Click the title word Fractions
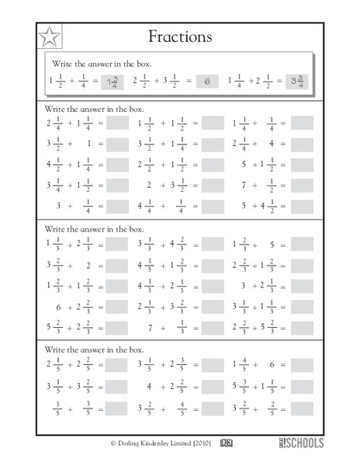pyautogui.click(x=184, y=36)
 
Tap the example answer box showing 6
pyautogui.click(x=207, y=81)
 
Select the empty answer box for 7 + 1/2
pyautogui.click(x=302, y=186)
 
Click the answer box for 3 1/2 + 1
pyautogui.click(x=117, y=144)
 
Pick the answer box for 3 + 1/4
pyautogui.click(x=117, y=207)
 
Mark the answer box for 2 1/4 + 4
pyautogui.click(x=302, y=144)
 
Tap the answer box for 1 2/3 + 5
pyautogui.click(x=302, y=245)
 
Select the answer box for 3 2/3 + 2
pyautogui.click(x=117, y=266)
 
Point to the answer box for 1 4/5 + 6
pyautogui.click(x=302, y=365)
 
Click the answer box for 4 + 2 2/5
pyautogui.click(x=213, y=386)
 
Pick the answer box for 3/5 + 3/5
pyautogui.click(x=117, y=407)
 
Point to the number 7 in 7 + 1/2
pyautogui.click(x=243, y=186)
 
